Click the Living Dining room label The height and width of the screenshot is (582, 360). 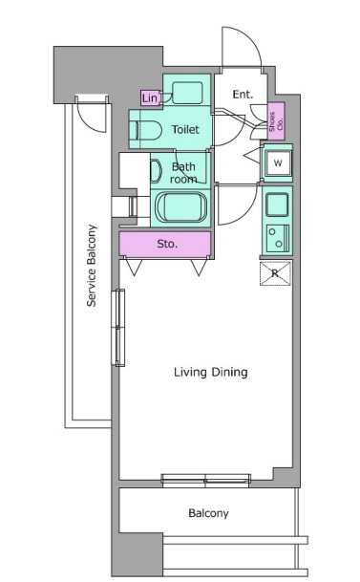[211, 372]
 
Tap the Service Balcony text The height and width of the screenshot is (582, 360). [92, 266]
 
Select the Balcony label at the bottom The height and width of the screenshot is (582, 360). [208, 513]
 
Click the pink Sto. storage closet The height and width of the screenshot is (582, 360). [165, 244]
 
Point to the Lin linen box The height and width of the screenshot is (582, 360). [150, 98]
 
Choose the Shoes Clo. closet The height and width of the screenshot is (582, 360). [276, 121]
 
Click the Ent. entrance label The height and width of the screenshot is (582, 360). [243, 95]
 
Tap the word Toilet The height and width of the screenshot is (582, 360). [185, 129]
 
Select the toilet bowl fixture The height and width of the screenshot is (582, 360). [148, 130]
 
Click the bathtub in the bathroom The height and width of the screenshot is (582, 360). [180, 206]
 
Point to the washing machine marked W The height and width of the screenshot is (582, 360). [278, 163]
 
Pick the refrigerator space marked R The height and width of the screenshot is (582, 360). [275, 273]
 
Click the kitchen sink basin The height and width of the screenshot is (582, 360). [277, 205]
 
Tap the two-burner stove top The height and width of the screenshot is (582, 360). [277, 238]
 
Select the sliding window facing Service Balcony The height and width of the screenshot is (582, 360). [118, 328]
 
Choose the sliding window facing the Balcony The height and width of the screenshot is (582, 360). [205, 481]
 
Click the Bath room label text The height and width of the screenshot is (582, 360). [183, 173]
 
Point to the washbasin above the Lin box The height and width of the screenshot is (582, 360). [187, 93]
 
